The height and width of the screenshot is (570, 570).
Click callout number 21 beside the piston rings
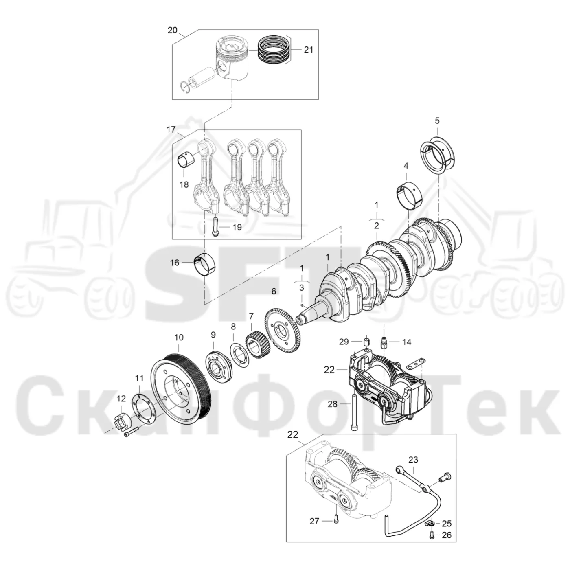[308, 50]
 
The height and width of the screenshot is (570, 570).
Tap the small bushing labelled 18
[186, 160]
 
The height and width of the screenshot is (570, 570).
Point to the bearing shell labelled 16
[205, 264]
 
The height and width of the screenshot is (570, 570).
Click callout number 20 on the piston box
[173, 30]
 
